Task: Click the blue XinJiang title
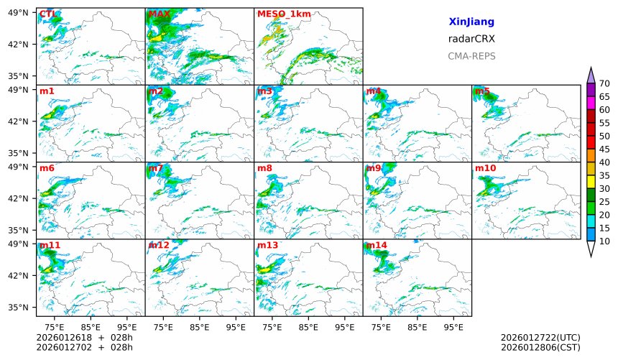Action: pos(471,22)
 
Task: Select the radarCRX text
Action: pos(471,39)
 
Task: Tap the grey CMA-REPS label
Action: pos(471,56)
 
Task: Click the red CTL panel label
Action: pos(48,14)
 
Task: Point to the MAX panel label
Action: pos(159,14)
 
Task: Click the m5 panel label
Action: pos(482,91)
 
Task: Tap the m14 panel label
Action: pos(377,246)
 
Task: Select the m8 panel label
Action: pos(264,168)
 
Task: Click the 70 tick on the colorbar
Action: pos(604,84)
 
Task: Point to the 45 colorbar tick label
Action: pos(604,149)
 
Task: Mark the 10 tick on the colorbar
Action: pos(604,241)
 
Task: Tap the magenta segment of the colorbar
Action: pos(591,103)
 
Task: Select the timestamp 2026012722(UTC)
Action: pos(540,338)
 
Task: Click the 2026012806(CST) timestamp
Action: pos(540,348)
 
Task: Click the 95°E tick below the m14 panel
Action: pos(453,327)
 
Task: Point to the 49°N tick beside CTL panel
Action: pos(18,13)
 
